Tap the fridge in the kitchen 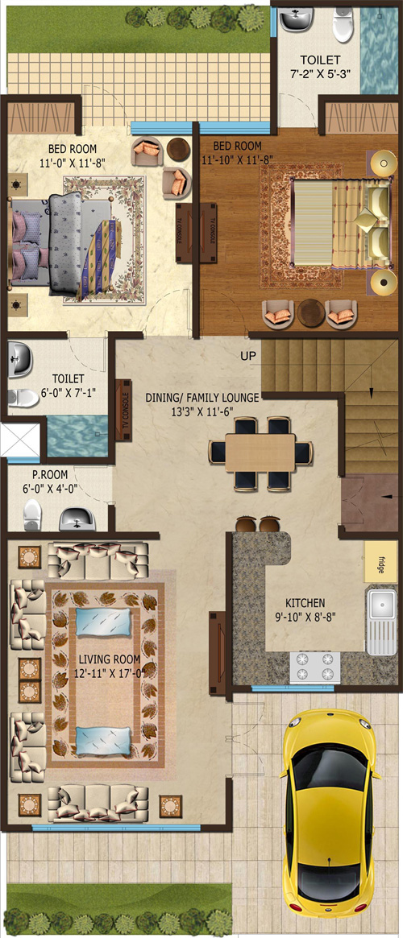point(381,562)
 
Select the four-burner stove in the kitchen point(315,667)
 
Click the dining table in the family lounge point(260,452)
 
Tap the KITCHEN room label point(305,602)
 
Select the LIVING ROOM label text point(110,659)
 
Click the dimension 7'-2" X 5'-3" point(320,73)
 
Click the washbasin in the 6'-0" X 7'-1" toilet point(20,361)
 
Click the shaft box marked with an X point(20,440)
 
